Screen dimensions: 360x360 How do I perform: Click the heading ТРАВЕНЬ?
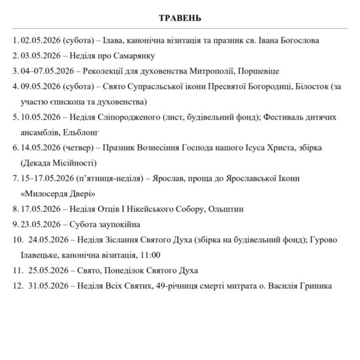click(180, 17)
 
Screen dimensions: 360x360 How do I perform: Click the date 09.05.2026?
click(40, 86)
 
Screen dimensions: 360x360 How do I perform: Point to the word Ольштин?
click(226, 209)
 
